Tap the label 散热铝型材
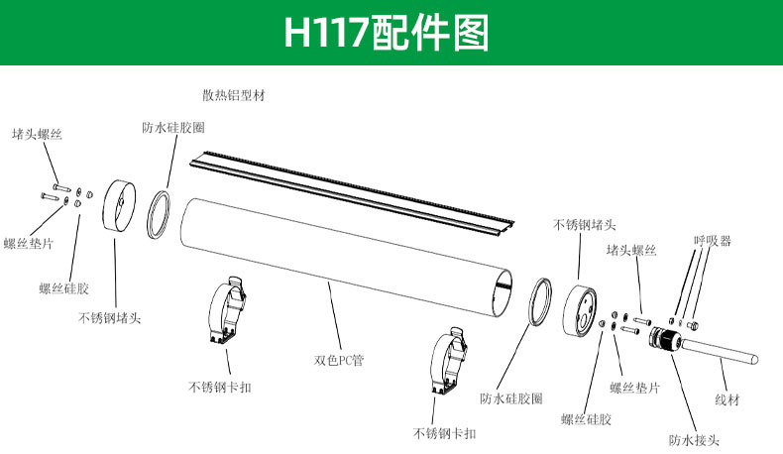pos(233,96)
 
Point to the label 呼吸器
pos(712,241)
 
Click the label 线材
pos(727,399)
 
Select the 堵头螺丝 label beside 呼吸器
pos(631,251)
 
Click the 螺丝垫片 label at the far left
pos(29,244)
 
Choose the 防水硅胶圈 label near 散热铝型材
pos(174,128)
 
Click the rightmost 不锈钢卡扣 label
pos(444,433)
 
